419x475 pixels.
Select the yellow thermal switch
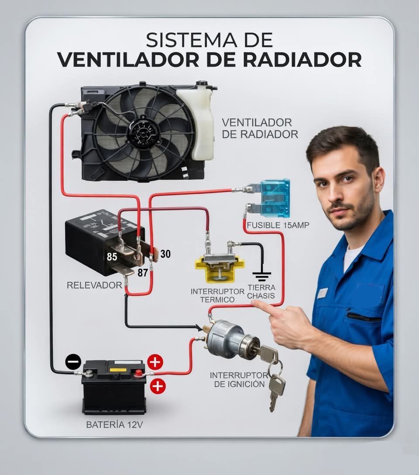point(219,268)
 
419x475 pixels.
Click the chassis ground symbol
point(261,276)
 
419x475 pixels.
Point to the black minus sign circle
point(73,361)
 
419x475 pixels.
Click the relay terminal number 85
point(112,257)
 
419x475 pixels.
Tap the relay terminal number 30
point(165,254)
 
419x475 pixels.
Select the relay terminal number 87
point(143,272)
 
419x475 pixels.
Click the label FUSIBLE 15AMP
point(278,225)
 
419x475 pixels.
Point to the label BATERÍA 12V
point(114,425)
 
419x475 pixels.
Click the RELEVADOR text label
point(94,285)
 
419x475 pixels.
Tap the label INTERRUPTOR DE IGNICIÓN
point(239,379)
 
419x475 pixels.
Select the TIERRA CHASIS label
point(261,292)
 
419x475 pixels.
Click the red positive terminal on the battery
point(139,372)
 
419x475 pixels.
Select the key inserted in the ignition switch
point(266,353)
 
